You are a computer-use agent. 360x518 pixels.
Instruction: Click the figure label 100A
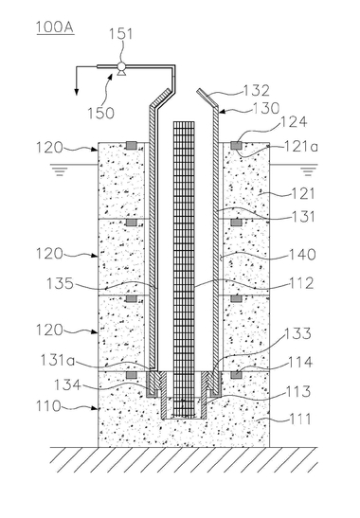click(x=55, y=27)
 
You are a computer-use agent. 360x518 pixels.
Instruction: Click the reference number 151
click(x=120, y=34)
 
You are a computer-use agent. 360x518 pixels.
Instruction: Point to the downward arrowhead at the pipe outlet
click(x=77, y=91)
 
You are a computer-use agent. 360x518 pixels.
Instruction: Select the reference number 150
click(x=100, y=113)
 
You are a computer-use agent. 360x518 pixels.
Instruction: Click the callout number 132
click(x=257, y=91)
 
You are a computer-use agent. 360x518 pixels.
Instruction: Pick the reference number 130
click(x=266, y=108)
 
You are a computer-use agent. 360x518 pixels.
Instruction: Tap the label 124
click(x=294, y=122)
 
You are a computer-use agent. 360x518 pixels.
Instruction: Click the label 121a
click(x=302, y=146)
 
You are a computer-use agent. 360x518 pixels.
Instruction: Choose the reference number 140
click(x=302, y=255)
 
